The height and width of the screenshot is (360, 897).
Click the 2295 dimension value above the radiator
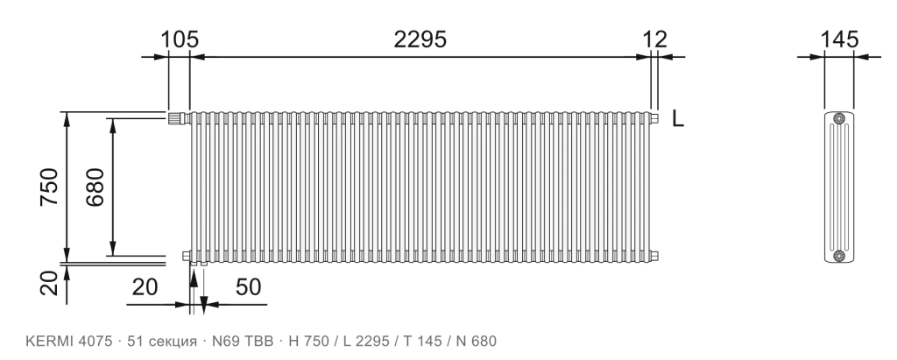click(420, 39)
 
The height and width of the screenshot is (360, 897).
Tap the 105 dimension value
click(179, 39)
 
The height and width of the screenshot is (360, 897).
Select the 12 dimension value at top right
click(654, 39)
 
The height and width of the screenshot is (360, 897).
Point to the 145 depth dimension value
click(840, 39)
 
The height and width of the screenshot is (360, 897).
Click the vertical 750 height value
click(49, 187)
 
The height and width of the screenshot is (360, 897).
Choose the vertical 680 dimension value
click(95, 187)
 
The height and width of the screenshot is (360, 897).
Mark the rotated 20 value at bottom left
click(49, 283)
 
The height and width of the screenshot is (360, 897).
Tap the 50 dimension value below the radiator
click(248, 286)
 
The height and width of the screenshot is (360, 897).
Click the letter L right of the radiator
click(678, 118)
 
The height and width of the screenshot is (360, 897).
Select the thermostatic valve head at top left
click(178, 118)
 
